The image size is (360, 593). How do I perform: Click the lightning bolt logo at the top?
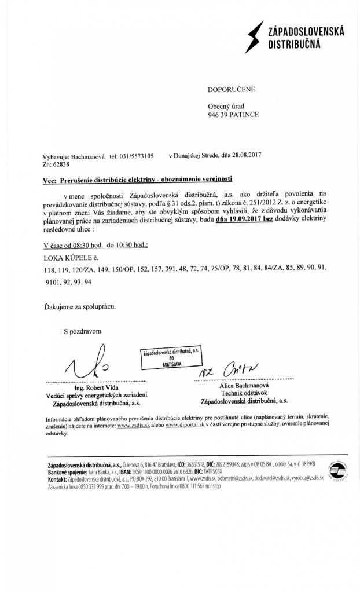coord(252,35)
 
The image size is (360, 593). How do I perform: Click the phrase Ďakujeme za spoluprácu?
coord(80,306)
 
